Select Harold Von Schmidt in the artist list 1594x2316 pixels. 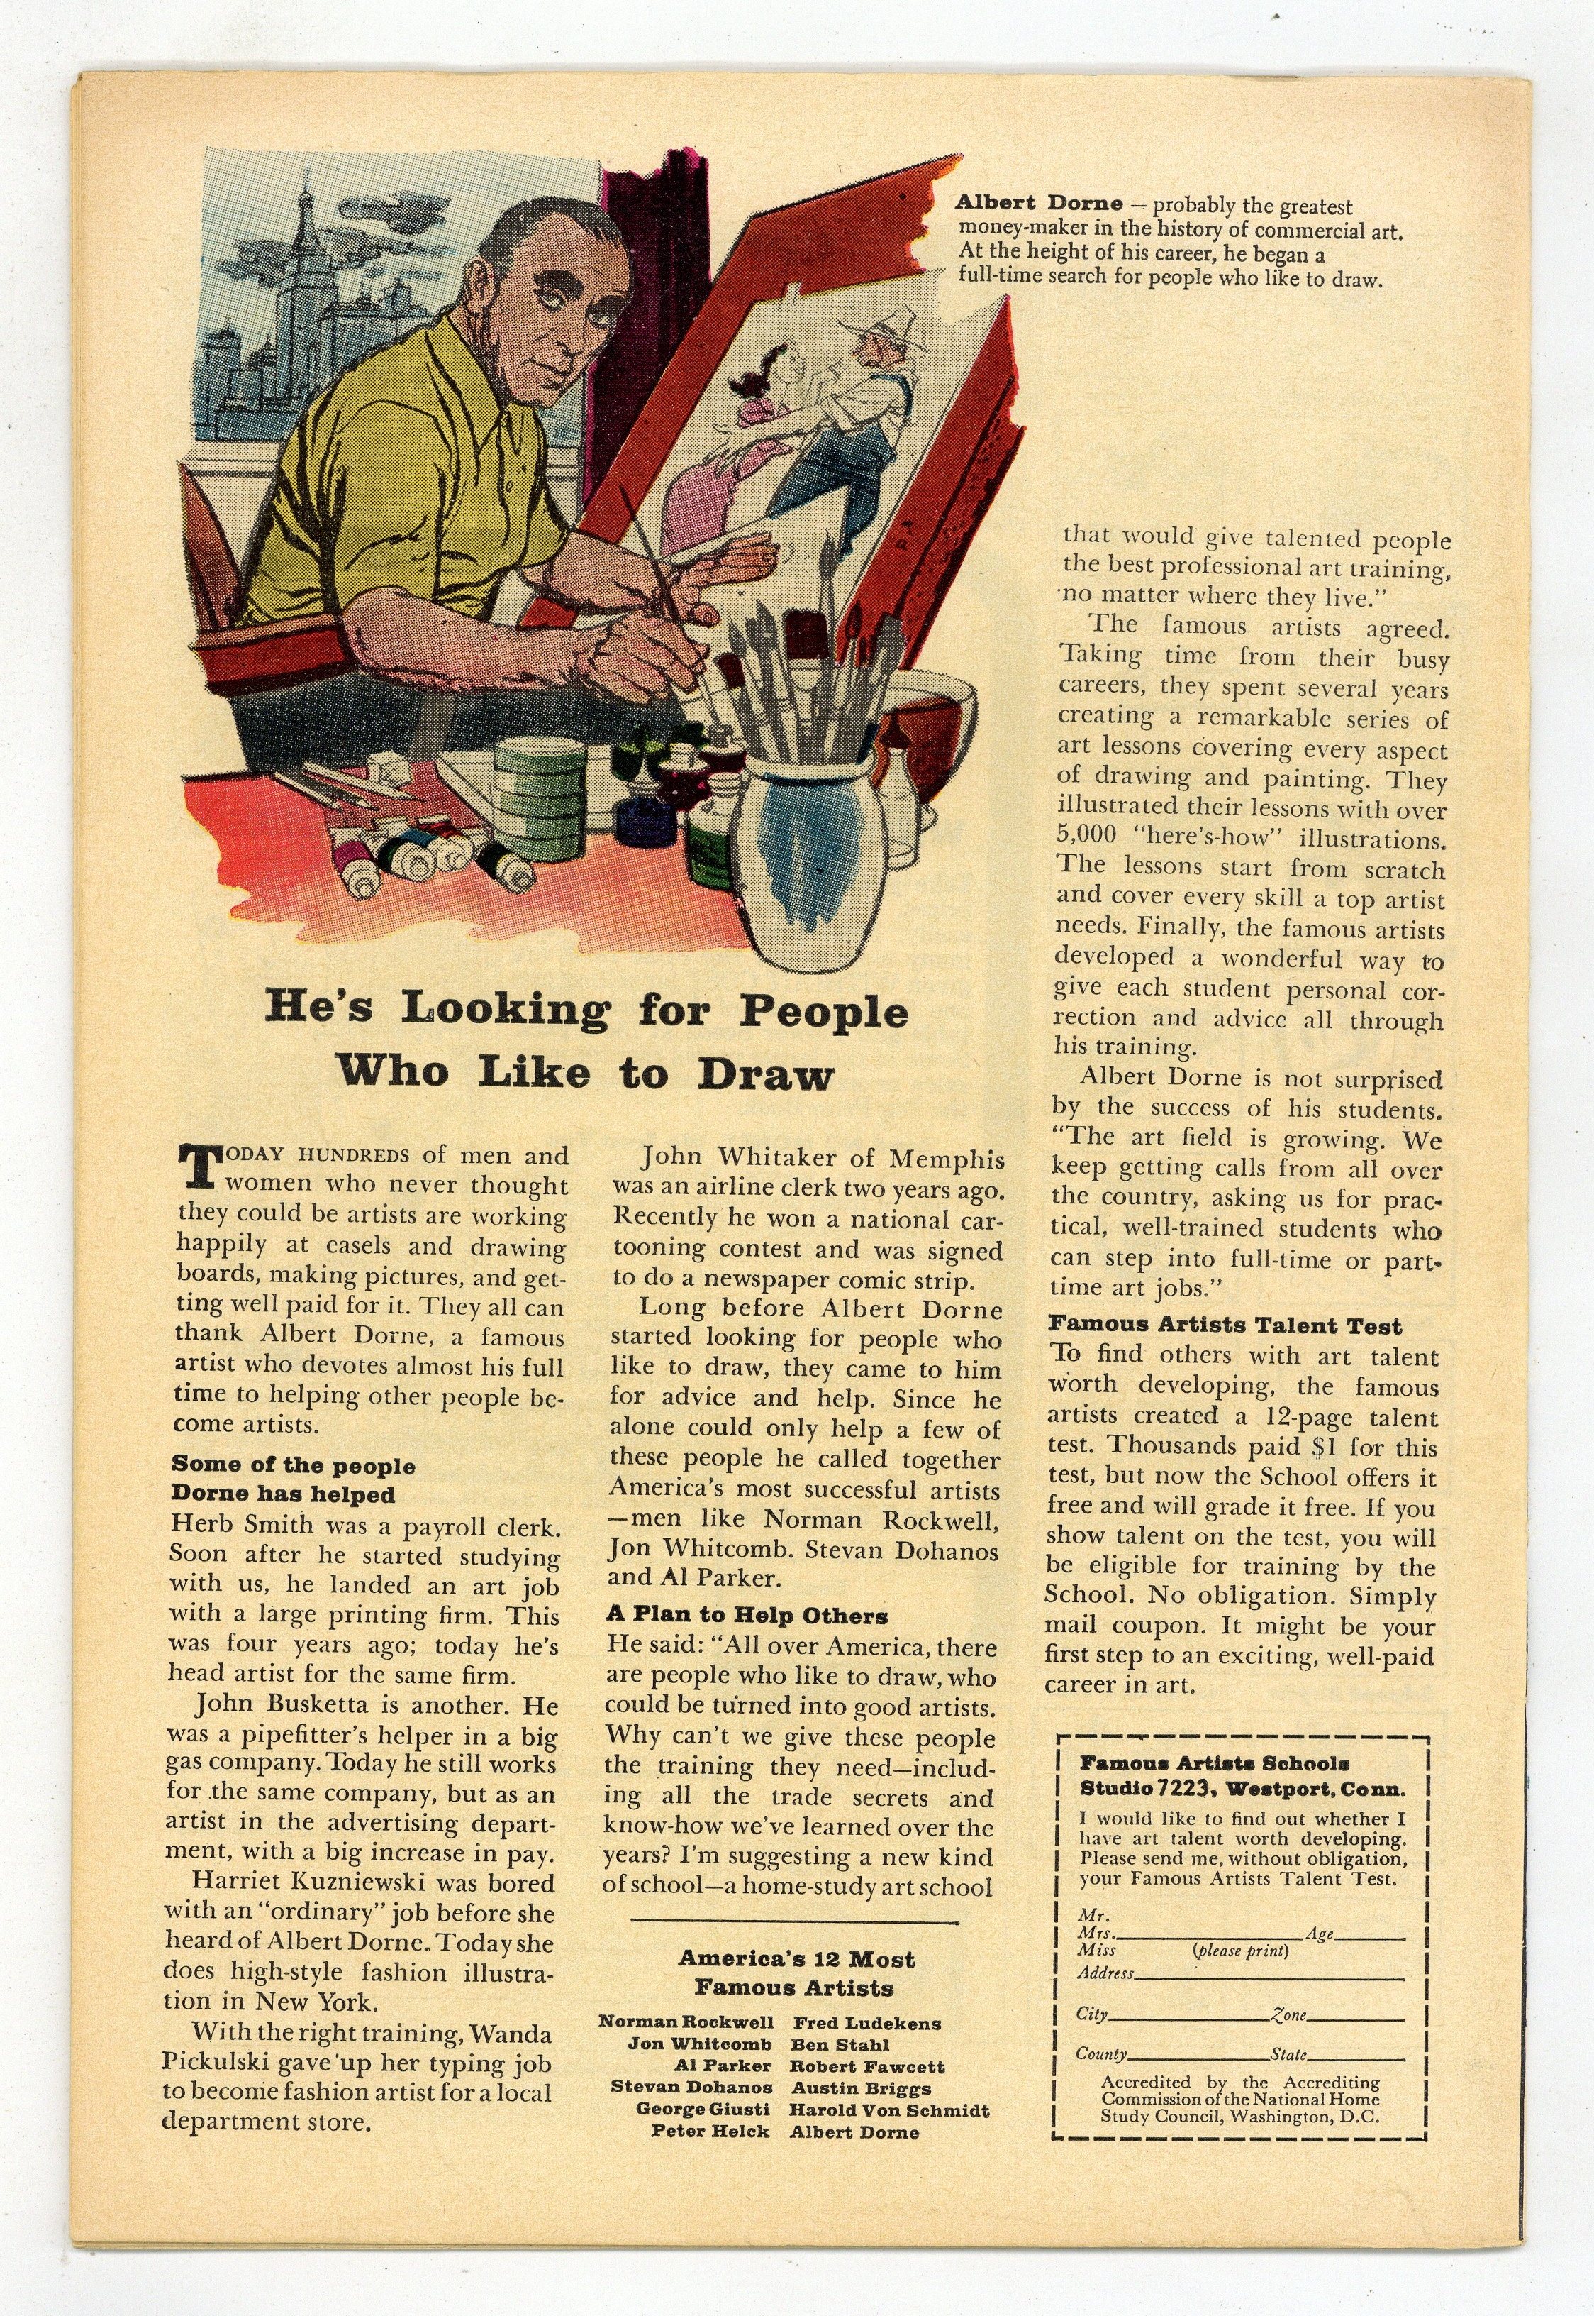(889, 2111)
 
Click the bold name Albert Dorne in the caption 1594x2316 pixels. (1039, 204)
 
